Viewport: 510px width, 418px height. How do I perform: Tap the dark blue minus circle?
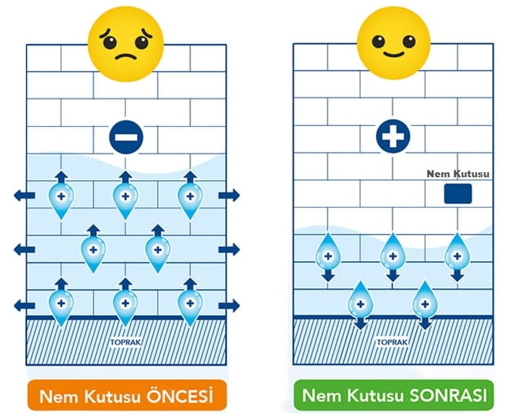[x=127, y=136]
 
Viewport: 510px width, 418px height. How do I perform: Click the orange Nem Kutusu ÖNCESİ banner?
[x=127, y=396]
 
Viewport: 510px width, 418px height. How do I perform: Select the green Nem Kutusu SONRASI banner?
[x=394, y=396]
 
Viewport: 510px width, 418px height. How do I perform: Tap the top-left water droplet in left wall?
[x=61, y=197]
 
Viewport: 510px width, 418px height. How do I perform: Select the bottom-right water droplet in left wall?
[x=190, y=304]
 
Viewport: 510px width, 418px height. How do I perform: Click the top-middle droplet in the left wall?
[x=126, y=197]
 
